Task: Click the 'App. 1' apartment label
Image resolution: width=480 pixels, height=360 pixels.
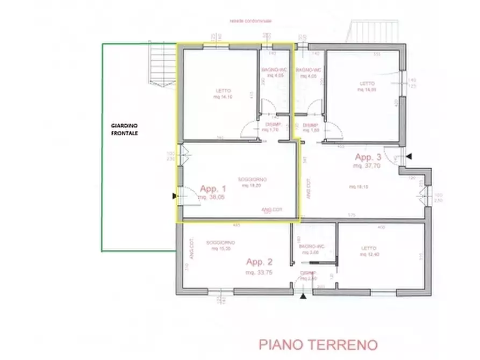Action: (213, 189)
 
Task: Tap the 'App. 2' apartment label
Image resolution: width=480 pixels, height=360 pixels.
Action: (260, 262)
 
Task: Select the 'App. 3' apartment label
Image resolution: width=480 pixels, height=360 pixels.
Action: (368, 157)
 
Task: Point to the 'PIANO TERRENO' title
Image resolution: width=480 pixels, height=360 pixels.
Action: (319, 344)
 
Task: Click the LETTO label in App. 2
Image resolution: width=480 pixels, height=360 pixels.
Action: (369, 248)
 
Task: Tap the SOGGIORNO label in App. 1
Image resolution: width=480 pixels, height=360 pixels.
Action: (253, 179)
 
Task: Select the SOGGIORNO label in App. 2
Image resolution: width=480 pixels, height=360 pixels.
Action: (220, 243)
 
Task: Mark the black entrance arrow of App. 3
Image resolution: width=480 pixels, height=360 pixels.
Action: (410, 156)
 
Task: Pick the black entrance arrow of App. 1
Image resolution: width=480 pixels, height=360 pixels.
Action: (174, 196)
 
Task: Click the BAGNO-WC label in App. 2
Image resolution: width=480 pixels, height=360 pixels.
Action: (311, 247)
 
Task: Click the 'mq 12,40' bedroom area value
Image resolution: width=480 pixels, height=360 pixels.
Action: (369, 254)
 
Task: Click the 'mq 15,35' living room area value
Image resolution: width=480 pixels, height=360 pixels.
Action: (220, 249)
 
